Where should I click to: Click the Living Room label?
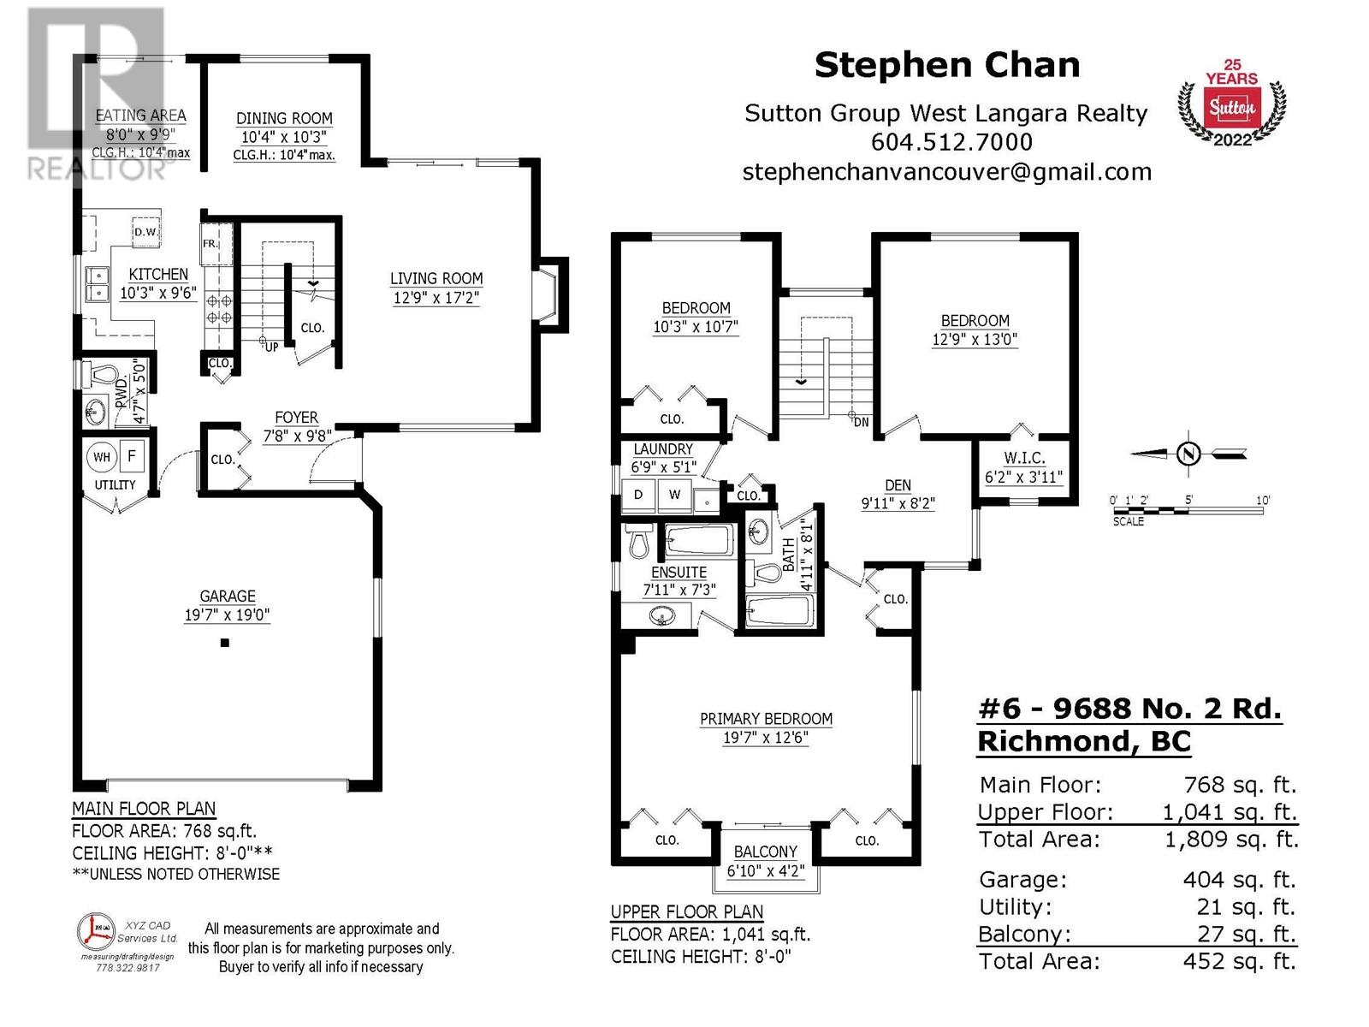[x=436, y=278]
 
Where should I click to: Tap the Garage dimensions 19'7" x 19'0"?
[x=227, y=614]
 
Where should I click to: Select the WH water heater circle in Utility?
[x=102, y=457]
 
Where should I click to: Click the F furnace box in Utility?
[x=132, y=456]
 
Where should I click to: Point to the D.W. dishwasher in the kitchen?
[x=146, y=232]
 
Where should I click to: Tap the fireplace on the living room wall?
[x=548, y=294]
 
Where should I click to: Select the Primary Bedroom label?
[x=766, y=719]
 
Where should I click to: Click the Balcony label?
[x=765, y=852]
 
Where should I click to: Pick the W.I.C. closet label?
[x=1024, y=459]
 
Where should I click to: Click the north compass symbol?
[x=1188, y=454]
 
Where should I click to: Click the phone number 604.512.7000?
[x=951, y=142]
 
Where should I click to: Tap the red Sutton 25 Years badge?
[x=1231, y=104]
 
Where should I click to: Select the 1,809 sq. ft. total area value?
[x=1232, y=840]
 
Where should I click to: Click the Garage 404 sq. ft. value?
[x=1239, y=879]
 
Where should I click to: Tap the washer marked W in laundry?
[x=674, y=496]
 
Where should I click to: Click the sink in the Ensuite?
[x=661, y=617]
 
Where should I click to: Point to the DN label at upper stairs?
[x=862, y=422]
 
